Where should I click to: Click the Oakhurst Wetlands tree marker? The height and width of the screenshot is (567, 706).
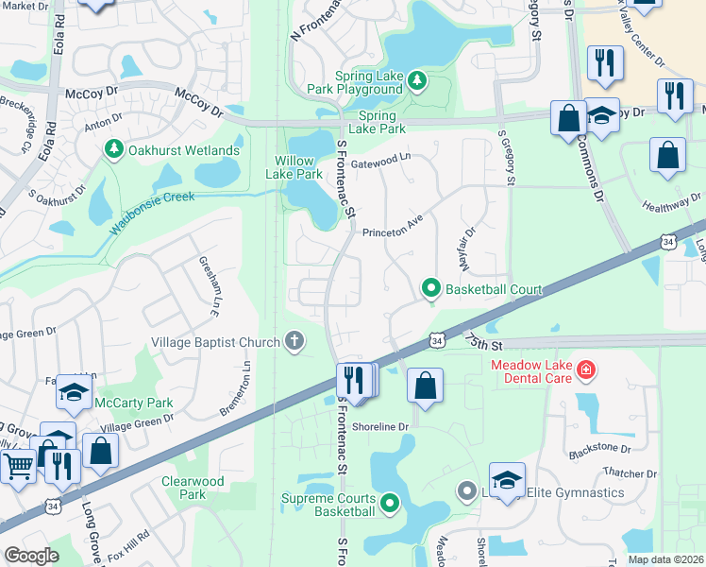click(x=113, y=150)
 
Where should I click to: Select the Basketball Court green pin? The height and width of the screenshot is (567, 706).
click(x=431, y=288)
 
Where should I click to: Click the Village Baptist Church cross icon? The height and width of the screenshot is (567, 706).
click(x=294, y=342)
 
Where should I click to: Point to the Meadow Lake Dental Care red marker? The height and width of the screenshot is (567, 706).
click(x=586, y=369)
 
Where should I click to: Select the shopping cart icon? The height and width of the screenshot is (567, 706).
click(x=18, y=464)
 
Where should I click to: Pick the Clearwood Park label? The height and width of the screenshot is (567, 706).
click(x=193, y=488)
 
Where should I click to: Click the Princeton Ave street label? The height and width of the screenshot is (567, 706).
click(x=390, y=231)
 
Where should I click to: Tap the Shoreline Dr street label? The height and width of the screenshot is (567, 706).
click(x=379, y=426)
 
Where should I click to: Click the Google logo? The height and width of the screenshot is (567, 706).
click(x=31, y=556)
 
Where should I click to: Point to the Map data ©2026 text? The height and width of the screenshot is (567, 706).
click(x=664, y=559)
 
